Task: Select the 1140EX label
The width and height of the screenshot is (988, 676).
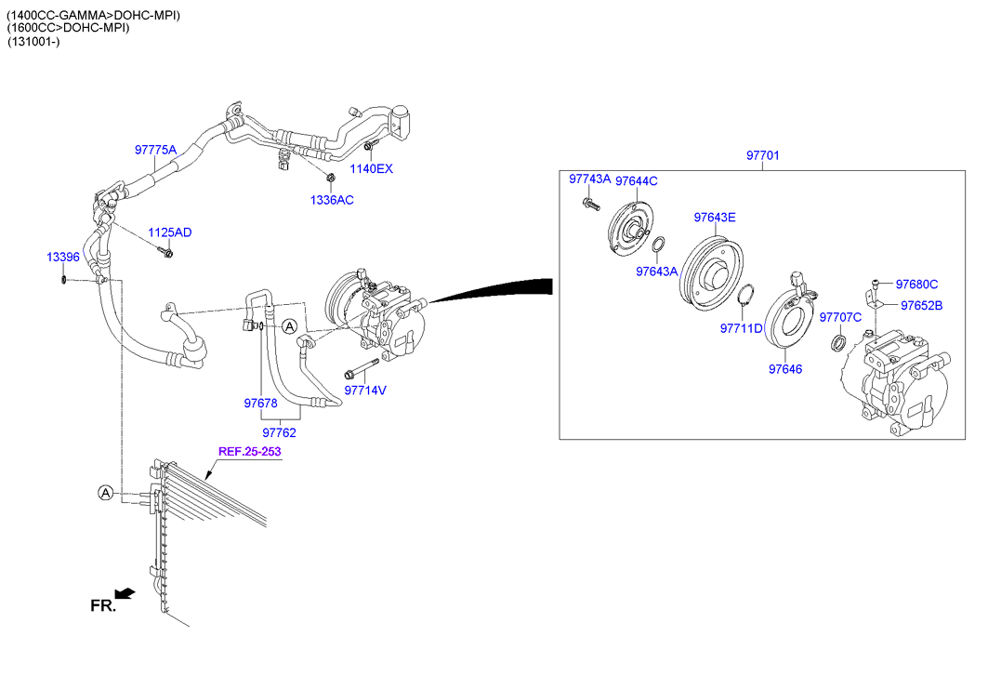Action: coord(371,169)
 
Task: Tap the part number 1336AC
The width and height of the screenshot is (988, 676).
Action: coord(332,200)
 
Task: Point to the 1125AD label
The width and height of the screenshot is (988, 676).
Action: coord(169,232)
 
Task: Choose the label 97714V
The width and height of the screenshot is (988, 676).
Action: coord(364,391)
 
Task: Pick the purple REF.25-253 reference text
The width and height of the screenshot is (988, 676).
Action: coord(249,452)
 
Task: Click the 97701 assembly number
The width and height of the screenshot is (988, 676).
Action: coord(762,156)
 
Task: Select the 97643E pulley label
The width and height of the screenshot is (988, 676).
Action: coord(714,218)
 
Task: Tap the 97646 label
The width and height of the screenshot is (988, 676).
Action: coord(784,369)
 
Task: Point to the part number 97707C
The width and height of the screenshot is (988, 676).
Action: coord(840,318)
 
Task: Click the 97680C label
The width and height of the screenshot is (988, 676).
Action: coord(917,285)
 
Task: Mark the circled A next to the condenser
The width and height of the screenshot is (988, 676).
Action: coord(107,492)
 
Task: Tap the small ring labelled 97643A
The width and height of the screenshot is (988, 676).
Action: coord(658,245)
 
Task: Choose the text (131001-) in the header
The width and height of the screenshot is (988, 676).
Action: coord(34,44)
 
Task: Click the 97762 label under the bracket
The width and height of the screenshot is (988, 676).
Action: coord(279,432)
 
